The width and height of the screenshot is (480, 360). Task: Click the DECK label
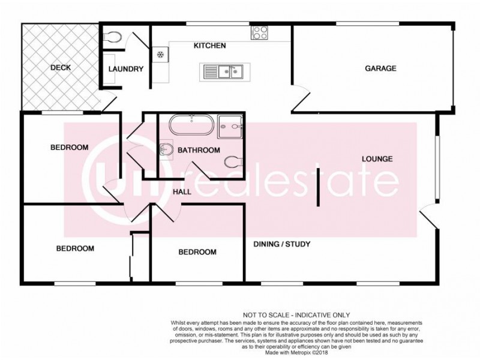click(x=60, y=68)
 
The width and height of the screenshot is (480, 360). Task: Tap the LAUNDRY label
click(x=126, y=69)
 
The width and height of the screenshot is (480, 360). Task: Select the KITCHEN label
click(x=209, y=46)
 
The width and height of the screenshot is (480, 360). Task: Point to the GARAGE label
click(x=380, y=68)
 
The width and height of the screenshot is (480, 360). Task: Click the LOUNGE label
click(x=377, y=159)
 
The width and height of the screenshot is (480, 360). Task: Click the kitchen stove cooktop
click(x=260, y=33)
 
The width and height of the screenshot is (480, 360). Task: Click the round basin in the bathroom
click(x=165, y=150)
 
